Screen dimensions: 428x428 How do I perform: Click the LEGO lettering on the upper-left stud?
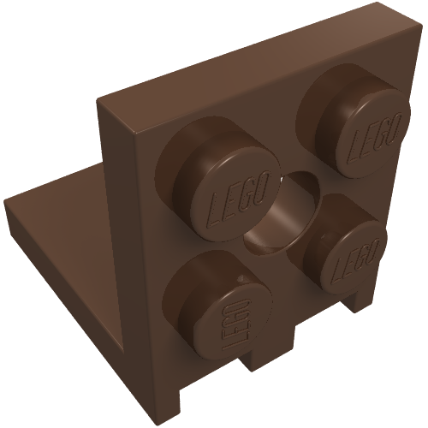click(x=238, y=199)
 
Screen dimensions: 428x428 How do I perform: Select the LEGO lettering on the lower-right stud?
click(x=357, y=262)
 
